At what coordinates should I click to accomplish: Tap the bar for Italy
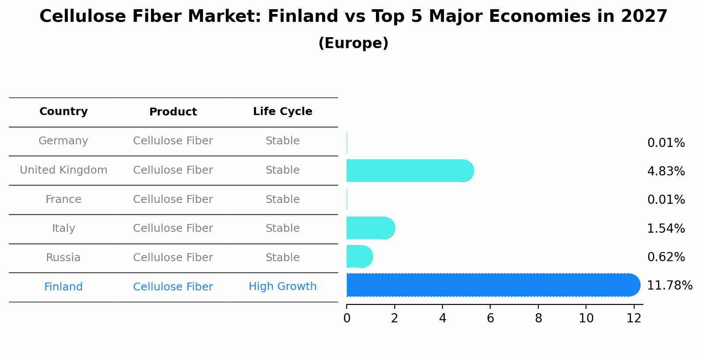pyautogui.click(x=370, y=228)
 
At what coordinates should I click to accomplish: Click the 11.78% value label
pyautogui.click(x=669, y=286)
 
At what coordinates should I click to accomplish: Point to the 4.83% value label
pyautogui.click(x=666, y=171)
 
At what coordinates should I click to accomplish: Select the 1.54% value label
pyautogui.click(x=666, y=228)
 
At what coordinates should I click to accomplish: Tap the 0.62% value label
pyautogui.click(x=666, y=257)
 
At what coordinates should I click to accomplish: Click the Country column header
pyautogui.click(x=63, y=112)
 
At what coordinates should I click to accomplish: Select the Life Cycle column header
pyautogui.click(x=282, y=112)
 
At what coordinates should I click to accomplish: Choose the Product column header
pyautogui.click(x=173, y=112)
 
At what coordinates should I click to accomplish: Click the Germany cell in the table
pyautogui.click(x=63, y=141)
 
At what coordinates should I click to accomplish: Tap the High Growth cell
pyautogui.click(x=282, y=287)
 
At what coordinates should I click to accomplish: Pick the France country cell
pyautogui.click(x=63, y=199)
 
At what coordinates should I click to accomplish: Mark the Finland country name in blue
pyautogui.click(x=63, y=287)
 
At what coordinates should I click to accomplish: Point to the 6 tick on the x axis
pyautogui.click(x=490, y=318)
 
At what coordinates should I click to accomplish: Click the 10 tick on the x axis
pyautogui.click(x=586, y=318)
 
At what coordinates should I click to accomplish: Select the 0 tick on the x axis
pyautogui.click(x=347, y=318)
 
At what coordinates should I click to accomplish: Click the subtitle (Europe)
pyautogui.click(x=353, y=43)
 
